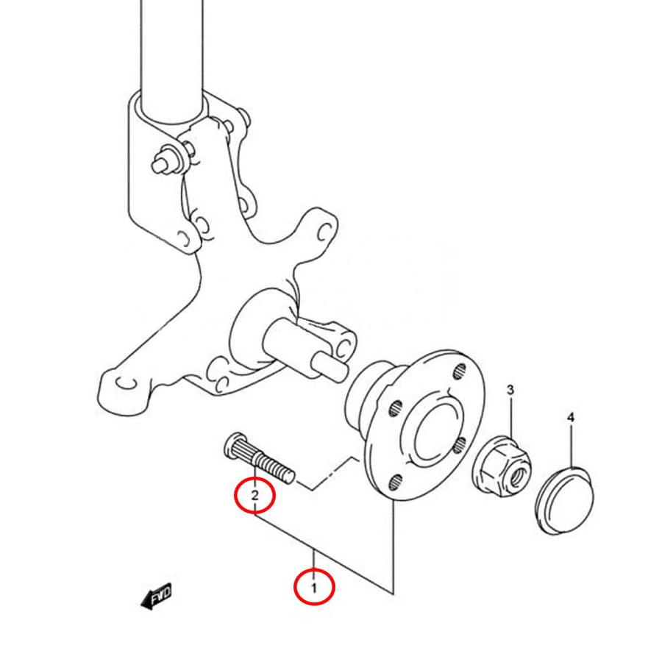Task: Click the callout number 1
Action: [313, 587]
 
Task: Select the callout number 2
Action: [255, 494]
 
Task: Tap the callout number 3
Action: [510, 390]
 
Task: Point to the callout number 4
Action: [571, 418]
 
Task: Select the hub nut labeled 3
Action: [502, 466]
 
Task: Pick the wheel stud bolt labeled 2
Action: [258, 458]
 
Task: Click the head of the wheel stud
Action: [232, 446]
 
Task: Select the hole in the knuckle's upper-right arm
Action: [324, 232]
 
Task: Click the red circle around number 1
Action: [314, 587]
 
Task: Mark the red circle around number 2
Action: [255, 496]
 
